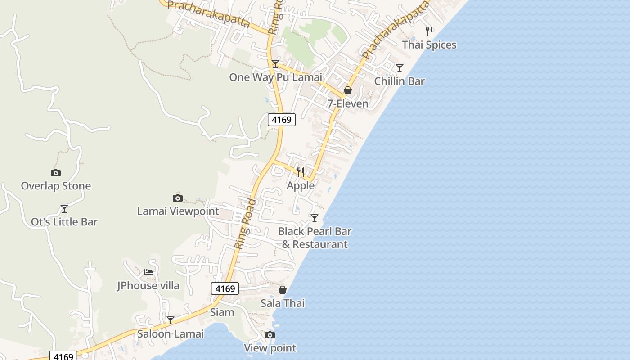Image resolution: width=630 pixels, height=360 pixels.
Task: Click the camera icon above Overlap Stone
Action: tap(56, 173)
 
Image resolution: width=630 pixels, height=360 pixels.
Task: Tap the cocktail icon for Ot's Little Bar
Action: tap(64, 208)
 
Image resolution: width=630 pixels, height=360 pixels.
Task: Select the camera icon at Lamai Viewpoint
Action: tap(178, 198)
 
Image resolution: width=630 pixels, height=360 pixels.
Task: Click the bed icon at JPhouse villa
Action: tap(148, 272)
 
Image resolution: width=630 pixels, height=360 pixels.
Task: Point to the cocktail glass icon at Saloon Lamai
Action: tap(171, 320)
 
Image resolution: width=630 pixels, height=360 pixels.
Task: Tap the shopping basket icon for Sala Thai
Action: tap(283, 290)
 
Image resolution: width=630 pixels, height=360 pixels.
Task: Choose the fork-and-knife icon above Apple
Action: tap(301, 172)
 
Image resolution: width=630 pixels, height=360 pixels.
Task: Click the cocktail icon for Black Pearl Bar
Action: tap(315, 218)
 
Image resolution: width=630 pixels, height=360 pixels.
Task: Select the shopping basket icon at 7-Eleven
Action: tap(348, 90)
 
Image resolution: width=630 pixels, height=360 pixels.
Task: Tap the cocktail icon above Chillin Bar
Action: tap(400, 68)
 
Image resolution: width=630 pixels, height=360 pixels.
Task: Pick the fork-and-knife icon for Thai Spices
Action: tap(430, 31)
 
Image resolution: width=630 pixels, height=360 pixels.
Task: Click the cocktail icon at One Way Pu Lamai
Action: tap(275, 64)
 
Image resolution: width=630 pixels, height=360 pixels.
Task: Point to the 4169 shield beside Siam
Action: tap(225, 288)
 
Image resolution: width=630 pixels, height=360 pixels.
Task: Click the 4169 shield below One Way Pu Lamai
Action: tap(282, 120)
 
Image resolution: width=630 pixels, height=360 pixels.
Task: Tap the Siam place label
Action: tap(222, 312)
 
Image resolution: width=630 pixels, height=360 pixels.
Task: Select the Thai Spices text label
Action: tap(429, 45)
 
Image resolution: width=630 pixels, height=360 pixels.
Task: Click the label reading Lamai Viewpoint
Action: tap(178, 211)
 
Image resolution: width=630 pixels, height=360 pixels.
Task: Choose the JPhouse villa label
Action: tap(148, 285)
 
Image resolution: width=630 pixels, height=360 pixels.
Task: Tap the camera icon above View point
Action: tap(270, 335)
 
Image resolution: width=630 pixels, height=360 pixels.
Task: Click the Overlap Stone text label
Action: tap(56, 186)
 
